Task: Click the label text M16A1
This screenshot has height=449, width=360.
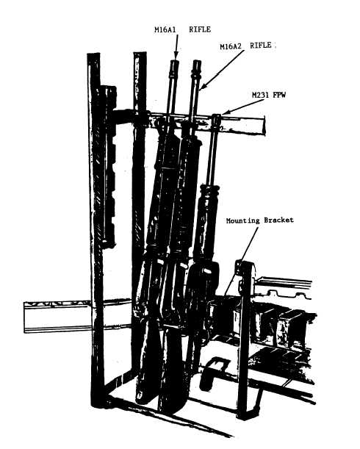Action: tap(165, 30)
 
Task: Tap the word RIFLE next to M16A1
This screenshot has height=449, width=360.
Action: tap(200, 29)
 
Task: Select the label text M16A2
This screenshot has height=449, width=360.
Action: tap(231, 47)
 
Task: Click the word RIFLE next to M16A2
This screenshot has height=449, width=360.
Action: tap(261, 46)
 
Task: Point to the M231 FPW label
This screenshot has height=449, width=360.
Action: tap(269, 95)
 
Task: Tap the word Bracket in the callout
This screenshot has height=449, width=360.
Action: tap(278, 220)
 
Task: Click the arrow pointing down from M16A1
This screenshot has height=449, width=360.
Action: tap(176, 46)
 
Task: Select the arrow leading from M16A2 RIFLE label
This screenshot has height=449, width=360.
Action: tap(221, 71)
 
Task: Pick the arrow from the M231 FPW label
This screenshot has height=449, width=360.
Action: tap(239, 107)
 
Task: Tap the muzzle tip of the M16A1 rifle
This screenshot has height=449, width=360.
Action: tap(175, 61)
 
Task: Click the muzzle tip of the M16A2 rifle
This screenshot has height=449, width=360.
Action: tap(197, 62)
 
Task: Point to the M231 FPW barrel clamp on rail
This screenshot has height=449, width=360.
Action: tap(216, 122)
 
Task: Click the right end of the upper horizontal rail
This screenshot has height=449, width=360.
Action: tap(264, 125)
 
